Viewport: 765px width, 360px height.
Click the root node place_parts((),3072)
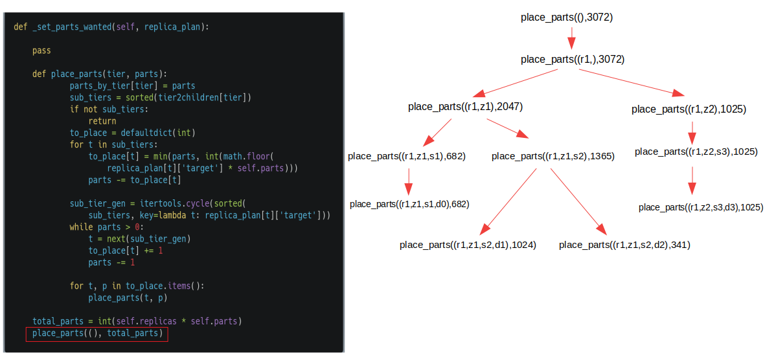[x=566, y=17]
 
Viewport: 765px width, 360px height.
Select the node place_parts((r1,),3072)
[x=572, y=60]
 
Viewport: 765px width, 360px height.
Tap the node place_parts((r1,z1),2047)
[x=465, y=107]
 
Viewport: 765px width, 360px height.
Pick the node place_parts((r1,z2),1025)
[x=689, y=109]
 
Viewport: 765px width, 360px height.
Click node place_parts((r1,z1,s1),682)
[x=407, y=156]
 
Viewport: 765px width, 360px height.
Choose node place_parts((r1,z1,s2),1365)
[x=553, y=156]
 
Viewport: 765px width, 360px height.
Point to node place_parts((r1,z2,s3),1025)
[x=696, y=152]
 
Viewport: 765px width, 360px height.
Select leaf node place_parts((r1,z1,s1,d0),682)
[x=409, y=204]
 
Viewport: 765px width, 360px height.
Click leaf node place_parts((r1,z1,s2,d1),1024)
[x=468, y=245]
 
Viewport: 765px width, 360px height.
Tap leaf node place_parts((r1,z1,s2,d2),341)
[x=624, y=245]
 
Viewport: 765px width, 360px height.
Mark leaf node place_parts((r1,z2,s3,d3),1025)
[x=701, y=207]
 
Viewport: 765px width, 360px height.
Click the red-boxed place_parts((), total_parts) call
[x=97, y=333]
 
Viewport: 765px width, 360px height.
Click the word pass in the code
[x=41, y=50]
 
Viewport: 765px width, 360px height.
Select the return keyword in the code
[x=102, y=120]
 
